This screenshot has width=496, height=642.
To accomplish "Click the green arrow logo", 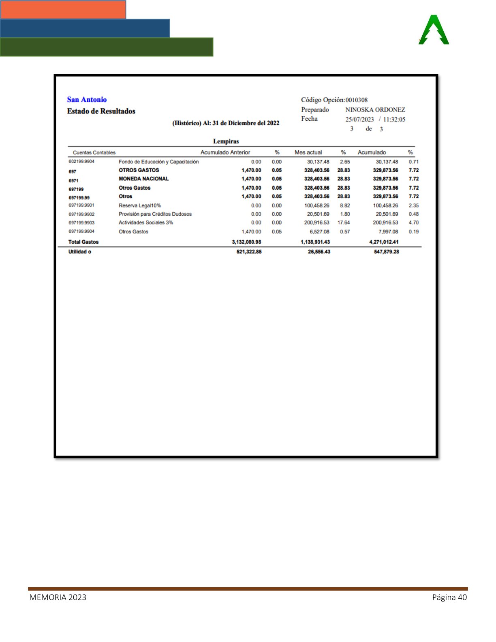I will coord(434,30).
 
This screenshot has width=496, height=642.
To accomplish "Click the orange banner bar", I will coord(63,9).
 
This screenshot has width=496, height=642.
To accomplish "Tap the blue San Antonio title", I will coord(87,100).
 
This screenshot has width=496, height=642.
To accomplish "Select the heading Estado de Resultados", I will coord(101,111).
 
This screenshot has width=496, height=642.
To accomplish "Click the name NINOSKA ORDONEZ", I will coord(375,110).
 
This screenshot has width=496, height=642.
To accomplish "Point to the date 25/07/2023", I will coord(359,120).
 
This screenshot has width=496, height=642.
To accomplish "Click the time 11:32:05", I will coord(394,120).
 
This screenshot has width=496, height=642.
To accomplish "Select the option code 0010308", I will coord(356,100).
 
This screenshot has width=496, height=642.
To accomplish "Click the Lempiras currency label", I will coord(226,141).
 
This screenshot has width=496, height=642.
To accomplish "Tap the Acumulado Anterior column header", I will coord(225,152).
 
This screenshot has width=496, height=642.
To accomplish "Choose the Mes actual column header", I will coord(308,152).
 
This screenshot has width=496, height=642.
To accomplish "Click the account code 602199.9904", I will coord(81,161).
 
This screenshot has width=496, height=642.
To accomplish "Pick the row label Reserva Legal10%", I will coord(139,205).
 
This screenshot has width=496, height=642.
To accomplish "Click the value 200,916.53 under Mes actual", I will coord(316,223).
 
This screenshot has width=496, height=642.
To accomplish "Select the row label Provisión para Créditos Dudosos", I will coord(155,214).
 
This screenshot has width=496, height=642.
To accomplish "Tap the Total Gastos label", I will coord(83,242).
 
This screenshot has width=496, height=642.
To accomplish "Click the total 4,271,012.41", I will coord(383,242).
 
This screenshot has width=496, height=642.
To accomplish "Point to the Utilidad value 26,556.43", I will coord(319,252).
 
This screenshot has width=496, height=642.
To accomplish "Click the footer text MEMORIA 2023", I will coord(58,597).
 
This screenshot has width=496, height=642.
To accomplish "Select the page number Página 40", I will coord(449,597).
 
